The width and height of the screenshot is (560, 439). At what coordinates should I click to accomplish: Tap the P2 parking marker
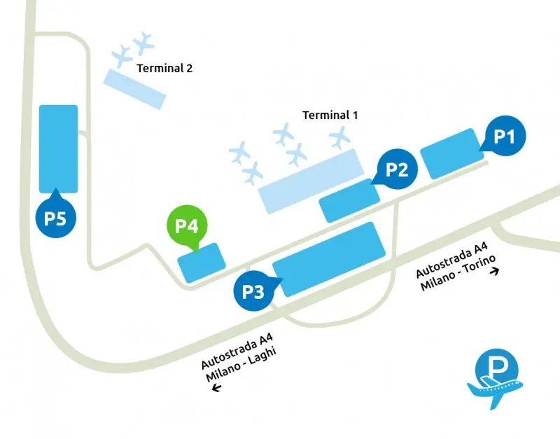point(397,169)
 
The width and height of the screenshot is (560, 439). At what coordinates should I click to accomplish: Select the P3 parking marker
point(253,291)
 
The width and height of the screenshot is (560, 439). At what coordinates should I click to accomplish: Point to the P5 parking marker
point(55,218)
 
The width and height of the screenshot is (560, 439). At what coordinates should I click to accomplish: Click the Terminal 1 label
point(330,115)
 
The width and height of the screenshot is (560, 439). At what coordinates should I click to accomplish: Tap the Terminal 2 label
point(164,69)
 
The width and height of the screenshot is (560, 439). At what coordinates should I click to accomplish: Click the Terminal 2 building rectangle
point(135,88)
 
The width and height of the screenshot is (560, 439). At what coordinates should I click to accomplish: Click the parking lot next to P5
point(58,148)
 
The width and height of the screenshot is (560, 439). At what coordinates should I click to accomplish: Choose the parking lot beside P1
point(450,153)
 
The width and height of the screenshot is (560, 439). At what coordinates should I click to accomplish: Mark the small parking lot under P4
point(202,263)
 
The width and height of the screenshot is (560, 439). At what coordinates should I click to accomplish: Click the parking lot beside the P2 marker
point(349,200)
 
